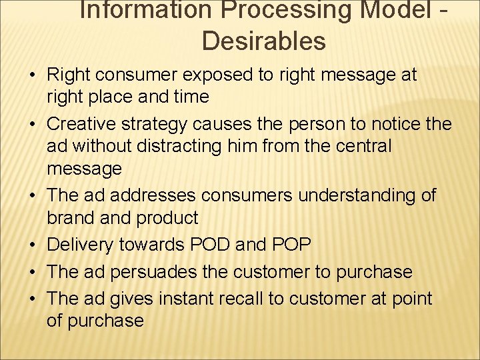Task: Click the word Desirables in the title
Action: click(263, 41)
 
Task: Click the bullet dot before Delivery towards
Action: click(34, 245)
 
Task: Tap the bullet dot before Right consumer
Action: click(34, 75)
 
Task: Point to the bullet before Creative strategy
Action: click(34, 124)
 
